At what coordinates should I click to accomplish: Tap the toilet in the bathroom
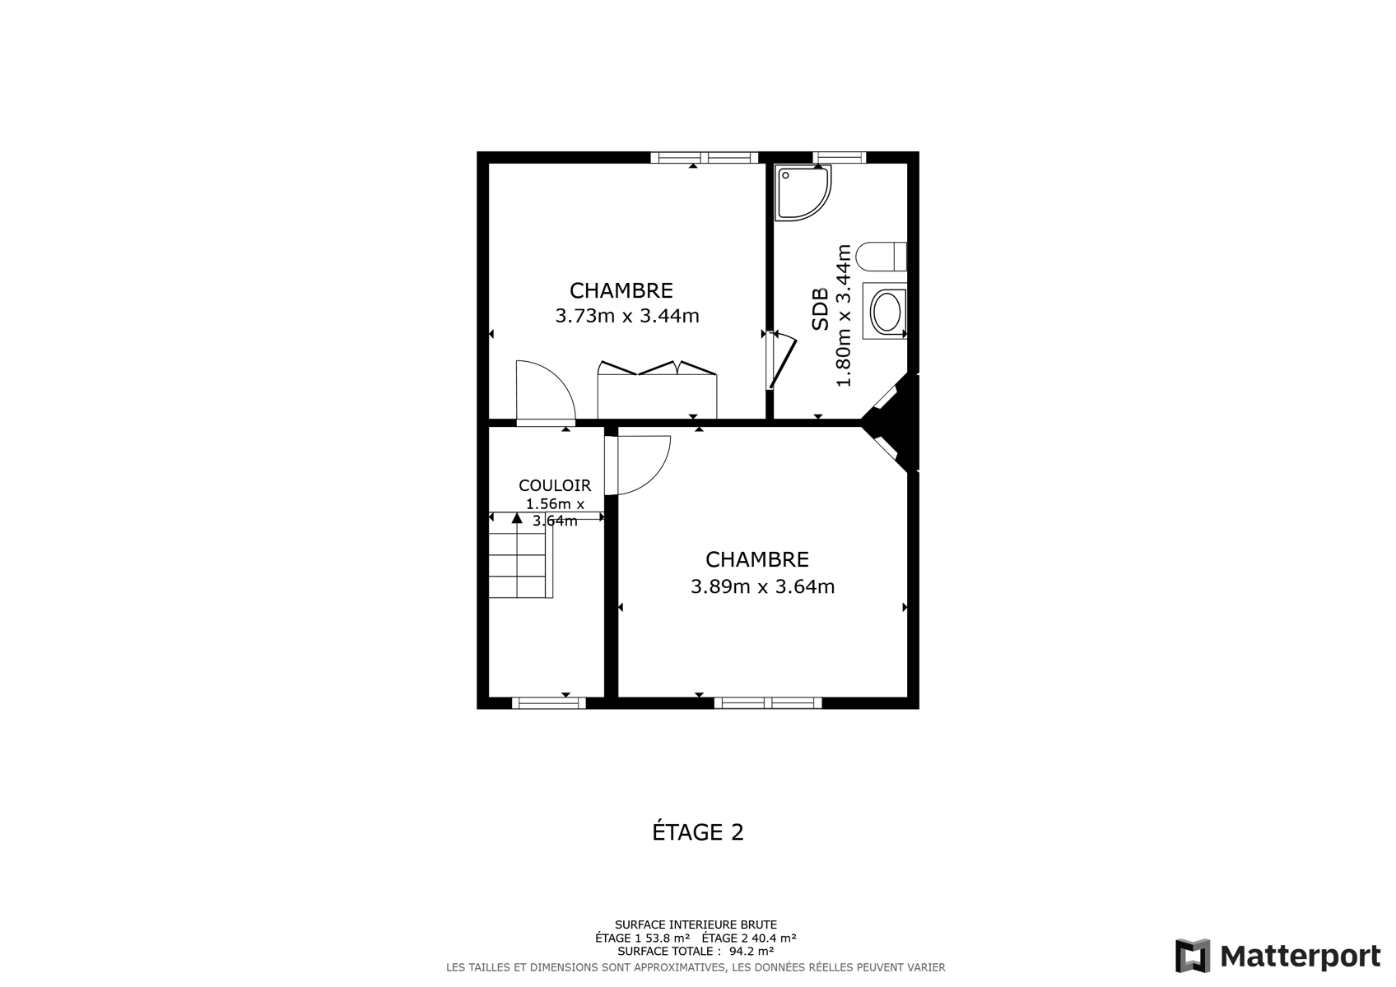[x=882, y=257]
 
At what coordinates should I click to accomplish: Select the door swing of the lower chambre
[x=638, y=466]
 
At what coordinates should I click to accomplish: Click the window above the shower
[x=839, y=158]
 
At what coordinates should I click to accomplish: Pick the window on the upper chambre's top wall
[x=705, y=158]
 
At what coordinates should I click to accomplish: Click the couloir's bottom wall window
[x=548, y=703]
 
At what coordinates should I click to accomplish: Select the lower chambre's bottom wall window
[x=768, y=703]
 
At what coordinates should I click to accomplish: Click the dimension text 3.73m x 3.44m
[x=627, y=316]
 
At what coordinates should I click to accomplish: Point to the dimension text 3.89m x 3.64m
[x=762, y=586]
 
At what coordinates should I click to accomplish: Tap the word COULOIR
[x=555, y=485]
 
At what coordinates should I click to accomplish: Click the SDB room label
[x=820, y=308]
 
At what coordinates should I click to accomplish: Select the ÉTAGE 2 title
[x=698, y=832]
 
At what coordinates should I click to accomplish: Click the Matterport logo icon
[x=1192, y=956]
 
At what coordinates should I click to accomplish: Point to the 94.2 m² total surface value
[x=751, y=951]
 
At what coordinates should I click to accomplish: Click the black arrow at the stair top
[x=517, y=518]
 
